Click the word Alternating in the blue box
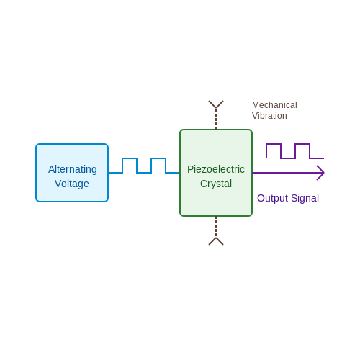point(73,170)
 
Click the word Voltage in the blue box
point(72,184)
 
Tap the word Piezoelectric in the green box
point(216,169)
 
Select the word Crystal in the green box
point(216,184)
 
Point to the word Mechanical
point(274,105)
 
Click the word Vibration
point(269,116)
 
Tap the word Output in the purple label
point(272,199)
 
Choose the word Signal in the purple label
point(305,199)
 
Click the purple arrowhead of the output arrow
point(320,173)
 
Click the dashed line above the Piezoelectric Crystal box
point(216,119)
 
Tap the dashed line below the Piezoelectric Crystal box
point(216,227)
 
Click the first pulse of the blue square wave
point(130,158)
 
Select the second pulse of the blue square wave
point(158,158)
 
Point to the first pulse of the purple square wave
point(274,144)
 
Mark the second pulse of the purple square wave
point(302,144)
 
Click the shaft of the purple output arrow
point(287,173)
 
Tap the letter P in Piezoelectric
point(190,169)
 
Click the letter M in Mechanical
point(256,105)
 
